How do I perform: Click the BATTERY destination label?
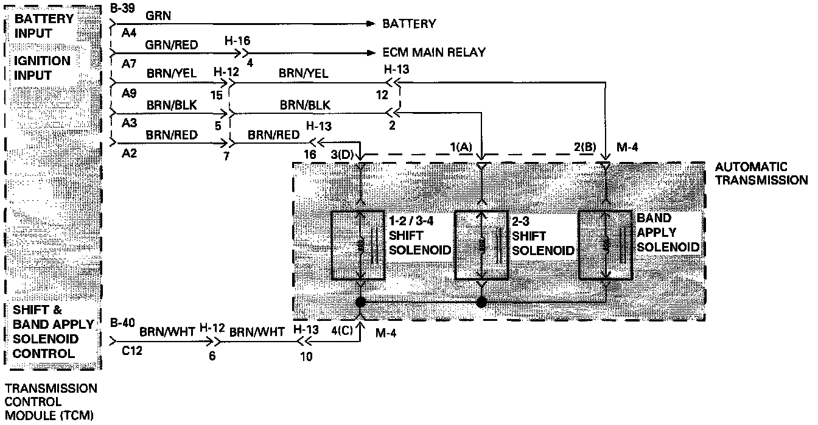(x=408, y=24)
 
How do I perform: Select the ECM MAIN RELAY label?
(x=434, y=53)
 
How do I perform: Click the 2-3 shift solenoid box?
(x=481, y=245)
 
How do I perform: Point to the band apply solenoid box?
(x=605, y=245)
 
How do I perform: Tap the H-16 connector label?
(x=237, y=41)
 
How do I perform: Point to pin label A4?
(x=128, y=35)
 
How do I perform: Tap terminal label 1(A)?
(x=461, y=148)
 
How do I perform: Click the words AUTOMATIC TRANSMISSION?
(x=760, y=173)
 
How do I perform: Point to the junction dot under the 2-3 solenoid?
(x=481, y=302)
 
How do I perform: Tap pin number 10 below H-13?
(x=306, y=357)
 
